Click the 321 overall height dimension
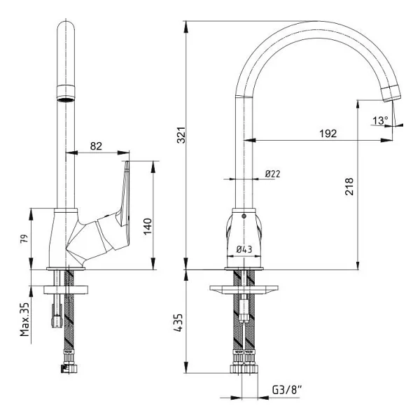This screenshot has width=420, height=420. (181, 135)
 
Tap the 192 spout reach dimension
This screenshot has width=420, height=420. (328, 134)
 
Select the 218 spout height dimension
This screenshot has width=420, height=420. (349, 186)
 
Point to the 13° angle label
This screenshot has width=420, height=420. (380, 120)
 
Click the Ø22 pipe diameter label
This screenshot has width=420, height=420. (273, 174)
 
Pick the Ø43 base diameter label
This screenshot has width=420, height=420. (244, 250)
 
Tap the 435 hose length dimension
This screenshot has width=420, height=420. (178, 323)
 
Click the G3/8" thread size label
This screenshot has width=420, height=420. (287, 390)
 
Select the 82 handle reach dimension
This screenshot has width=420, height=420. (96, 146)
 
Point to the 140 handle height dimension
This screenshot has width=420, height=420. (148, 227)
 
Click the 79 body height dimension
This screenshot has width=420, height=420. (24, 239)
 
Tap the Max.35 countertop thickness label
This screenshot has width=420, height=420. (24, 320)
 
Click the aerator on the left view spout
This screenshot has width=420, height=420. (66, 93)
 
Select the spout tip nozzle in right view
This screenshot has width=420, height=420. (391, 94)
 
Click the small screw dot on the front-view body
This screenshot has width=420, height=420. (244, 216)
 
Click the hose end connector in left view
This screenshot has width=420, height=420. (70, 368)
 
